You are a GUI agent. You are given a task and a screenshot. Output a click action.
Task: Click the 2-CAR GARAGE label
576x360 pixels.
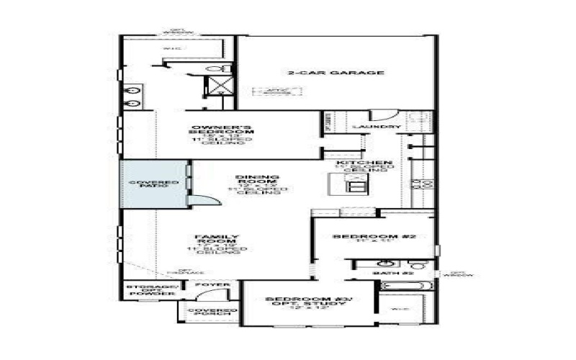(336, 73)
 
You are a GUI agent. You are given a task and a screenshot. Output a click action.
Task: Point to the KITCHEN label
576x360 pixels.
(364, 163)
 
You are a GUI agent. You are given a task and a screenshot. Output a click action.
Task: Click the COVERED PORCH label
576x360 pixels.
(208, 312)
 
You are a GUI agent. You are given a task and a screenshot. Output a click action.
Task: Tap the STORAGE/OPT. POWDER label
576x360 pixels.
(152, 289)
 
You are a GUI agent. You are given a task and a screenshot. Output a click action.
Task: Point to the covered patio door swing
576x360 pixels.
(204, 201)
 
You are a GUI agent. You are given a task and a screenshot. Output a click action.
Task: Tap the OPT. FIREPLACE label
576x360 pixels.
(179, 271)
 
